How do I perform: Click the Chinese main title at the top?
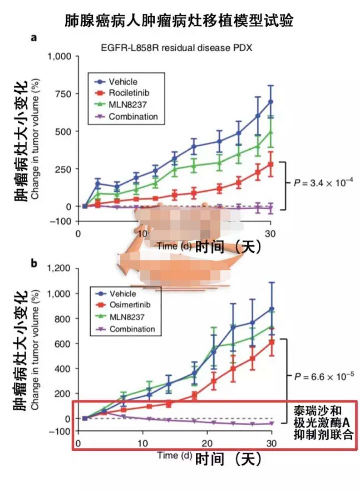[x=179, y=20]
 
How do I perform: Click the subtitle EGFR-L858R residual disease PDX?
[x=176, y=48]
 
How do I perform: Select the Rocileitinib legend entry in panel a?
[x=129, y=93]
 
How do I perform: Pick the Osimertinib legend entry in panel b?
[x=130, y=305]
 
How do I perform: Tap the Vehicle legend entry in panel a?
[x=123, y=82]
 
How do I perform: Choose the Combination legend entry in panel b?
[x=132, y=329]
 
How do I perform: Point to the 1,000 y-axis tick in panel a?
[x=60, y=56]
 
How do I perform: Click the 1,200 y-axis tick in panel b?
[x=59, y=268]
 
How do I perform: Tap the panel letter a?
[x=34, y=38]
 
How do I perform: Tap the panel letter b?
[x=34, y=263]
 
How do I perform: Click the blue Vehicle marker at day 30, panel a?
[x=271, y=102]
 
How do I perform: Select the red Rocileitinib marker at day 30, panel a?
[x=271, y=164]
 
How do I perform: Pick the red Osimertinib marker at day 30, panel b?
[x=272, y=342]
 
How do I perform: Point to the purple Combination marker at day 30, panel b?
[x=272, y=423]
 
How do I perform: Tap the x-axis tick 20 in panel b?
[x=207, y=443]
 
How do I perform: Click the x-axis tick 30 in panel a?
[x=270, y=234]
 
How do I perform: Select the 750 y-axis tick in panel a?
[x=63, y=94]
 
